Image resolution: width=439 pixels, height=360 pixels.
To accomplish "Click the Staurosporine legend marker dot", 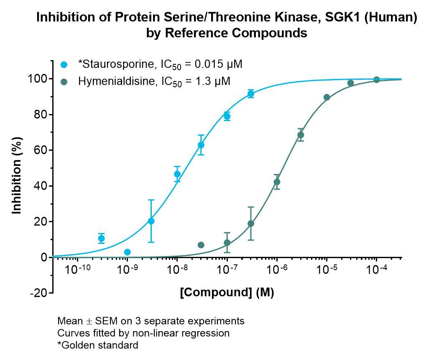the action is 64,65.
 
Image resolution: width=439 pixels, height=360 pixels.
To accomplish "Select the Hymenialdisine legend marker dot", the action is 64,82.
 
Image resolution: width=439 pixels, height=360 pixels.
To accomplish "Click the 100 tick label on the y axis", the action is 37,79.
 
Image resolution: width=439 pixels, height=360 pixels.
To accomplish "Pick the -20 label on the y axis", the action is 38,293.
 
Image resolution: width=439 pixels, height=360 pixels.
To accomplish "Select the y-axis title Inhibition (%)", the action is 17,175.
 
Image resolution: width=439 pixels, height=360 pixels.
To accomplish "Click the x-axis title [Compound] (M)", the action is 227,293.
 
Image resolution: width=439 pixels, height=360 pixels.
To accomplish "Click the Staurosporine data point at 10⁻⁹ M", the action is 128,252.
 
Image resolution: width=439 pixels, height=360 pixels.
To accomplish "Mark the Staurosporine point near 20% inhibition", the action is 151,221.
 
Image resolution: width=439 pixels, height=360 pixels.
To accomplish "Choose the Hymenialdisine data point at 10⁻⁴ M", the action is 377,80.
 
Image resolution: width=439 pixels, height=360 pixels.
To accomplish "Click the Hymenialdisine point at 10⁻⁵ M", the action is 327,97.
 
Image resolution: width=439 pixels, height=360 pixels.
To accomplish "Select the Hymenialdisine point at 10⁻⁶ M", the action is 277,182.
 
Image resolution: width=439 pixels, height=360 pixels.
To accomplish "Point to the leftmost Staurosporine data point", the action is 101,238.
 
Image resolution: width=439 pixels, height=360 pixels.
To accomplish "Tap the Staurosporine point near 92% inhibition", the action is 251,94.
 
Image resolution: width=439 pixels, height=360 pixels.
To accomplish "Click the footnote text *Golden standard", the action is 98,345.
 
